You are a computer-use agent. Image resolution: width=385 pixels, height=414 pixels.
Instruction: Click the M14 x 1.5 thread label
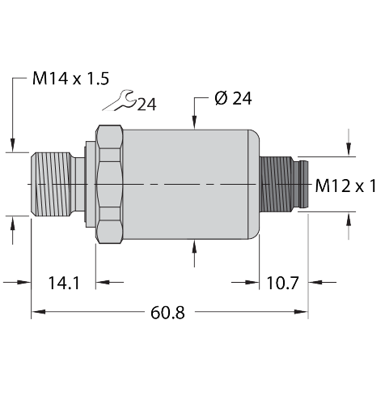coord(70,79)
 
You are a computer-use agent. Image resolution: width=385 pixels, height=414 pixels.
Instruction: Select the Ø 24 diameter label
coord(233,98)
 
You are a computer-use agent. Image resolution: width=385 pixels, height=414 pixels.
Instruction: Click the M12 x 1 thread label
coord(345,186)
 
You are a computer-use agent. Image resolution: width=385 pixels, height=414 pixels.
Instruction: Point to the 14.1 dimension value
coord(64,283)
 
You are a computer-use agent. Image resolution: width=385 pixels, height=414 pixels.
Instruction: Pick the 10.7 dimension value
coord(282,283)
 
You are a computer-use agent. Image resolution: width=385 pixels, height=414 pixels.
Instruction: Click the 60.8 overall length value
coord(167,313)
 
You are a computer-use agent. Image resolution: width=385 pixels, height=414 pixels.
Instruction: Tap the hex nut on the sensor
coord(109,185)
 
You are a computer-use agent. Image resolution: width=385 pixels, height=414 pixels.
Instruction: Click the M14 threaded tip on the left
coord(51,185)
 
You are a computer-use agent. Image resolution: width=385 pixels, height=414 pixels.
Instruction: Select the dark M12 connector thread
coord(276,185)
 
